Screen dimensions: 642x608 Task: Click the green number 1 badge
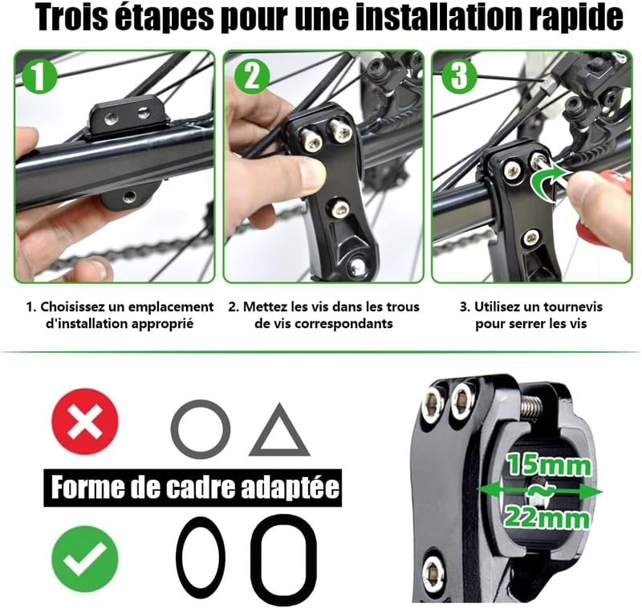39,75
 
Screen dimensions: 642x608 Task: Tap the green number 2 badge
252,75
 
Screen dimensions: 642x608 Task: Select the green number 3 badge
458,75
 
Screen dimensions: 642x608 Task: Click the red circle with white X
85,421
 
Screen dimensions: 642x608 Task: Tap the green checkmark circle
85,558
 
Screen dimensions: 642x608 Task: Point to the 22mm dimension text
547,517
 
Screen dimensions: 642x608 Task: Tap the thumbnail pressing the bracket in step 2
312,172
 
